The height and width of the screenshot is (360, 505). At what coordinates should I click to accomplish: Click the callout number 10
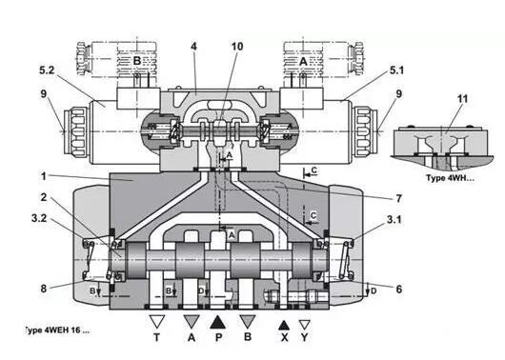(237, 47)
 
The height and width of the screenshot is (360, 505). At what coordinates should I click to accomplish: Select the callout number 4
(193, 47)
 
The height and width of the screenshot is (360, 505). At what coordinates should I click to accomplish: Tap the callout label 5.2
(47, 70)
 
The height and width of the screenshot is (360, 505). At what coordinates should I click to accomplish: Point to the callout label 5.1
(396, 70)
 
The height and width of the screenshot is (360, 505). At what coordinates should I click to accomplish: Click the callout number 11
(462, 98)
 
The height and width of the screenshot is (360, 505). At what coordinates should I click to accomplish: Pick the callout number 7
(399, 199)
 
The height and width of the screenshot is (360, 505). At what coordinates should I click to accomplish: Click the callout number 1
(44, 176)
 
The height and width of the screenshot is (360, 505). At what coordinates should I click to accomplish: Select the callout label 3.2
(39, 218)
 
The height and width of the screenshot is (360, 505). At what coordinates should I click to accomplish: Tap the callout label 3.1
(394, 220)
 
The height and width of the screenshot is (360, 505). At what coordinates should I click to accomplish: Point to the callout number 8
(44, 289)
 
